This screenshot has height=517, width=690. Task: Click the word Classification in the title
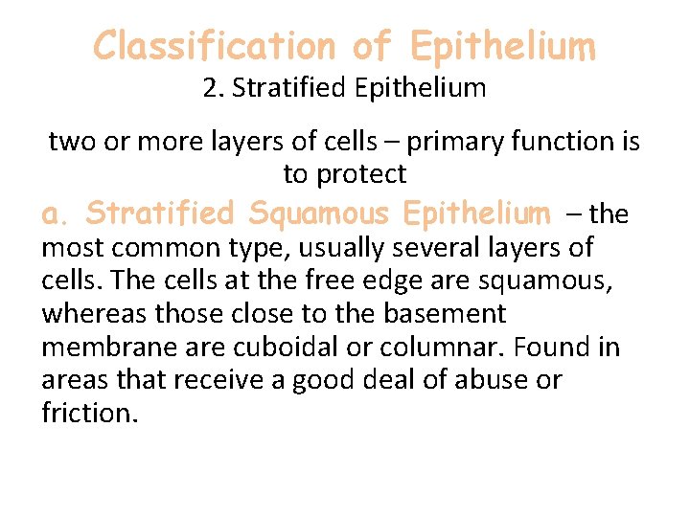(x=214, y=45)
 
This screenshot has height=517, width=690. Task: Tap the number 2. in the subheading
(x=214, y=89)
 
